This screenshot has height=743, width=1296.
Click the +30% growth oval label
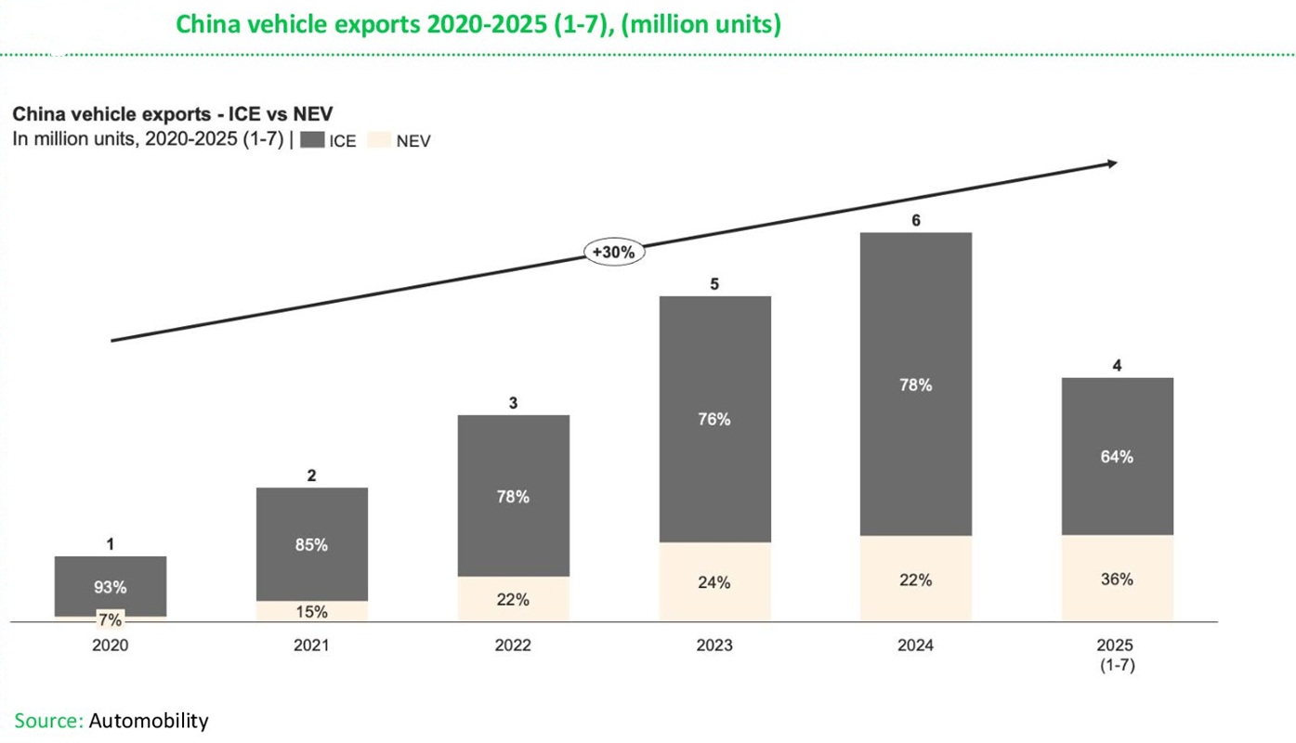614,252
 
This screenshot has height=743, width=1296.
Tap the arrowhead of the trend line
1110,163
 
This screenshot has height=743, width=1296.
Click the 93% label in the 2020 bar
110,587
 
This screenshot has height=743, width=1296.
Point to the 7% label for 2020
110,619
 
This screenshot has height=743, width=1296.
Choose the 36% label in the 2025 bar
1117,579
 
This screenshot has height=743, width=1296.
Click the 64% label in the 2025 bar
1117,457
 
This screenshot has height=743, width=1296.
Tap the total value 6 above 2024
915,220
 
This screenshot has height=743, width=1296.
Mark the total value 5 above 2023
714,284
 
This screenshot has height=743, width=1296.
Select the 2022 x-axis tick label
513,645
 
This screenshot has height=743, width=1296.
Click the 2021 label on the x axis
311,645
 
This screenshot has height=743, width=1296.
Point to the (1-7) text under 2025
1117,665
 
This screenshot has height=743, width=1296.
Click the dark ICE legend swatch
311,141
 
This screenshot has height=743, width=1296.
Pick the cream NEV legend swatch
378,141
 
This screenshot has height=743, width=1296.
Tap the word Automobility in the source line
150,721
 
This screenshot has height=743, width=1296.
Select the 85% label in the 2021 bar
311,545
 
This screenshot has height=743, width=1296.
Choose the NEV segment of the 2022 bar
513,599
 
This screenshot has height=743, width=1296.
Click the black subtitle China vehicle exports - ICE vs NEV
172,114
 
